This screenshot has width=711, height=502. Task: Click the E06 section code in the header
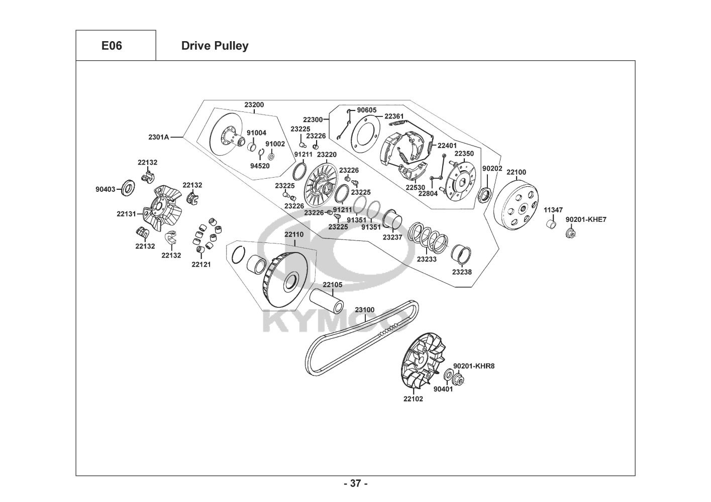112,46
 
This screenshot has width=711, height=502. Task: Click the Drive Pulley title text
215,46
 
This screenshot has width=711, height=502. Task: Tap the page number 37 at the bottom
355,483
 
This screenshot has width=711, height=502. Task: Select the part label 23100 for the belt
365,310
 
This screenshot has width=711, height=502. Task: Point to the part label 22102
413,399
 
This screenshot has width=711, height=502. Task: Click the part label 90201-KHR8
474,366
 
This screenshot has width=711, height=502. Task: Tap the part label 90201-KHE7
586,219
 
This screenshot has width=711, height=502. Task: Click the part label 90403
106,189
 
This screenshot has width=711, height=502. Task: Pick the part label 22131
127,213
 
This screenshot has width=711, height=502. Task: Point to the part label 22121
201,264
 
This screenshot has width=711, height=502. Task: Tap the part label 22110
294,234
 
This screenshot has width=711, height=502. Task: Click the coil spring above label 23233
428,236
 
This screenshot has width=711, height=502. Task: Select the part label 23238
462,272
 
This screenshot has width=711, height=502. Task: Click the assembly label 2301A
159,137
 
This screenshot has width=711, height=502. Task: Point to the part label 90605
367,110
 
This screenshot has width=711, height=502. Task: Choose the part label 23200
254,105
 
